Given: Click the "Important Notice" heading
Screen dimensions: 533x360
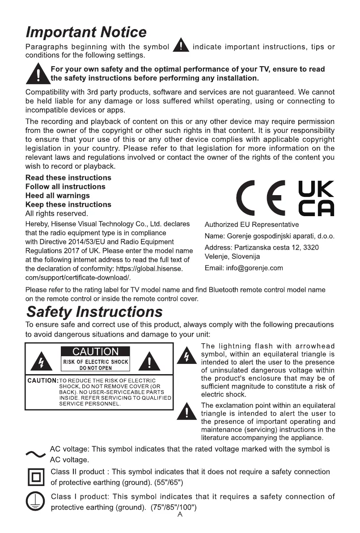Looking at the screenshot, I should (x=86, y=32).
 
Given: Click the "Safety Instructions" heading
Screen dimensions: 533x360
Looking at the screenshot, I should (x=94, y=311).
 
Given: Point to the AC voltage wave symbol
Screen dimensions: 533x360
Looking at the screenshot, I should (x=36, y=454).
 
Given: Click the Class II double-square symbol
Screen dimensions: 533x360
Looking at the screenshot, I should (x=35, y=477).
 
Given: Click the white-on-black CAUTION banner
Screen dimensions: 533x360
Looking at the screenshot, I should (x=95, y=352).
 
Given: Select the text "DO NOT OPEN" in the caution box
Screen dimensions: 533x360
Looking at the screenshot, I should (x=96, y=368).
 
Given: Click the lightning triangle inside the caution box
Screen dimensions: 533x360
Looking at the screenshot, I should (x=42, y=361).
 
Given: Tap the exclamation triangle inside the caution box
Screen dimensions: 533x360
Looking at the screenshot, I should (x=150, y=361).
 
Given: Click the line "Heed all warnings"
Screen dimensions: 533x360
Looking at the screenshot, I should (x=57, y=196).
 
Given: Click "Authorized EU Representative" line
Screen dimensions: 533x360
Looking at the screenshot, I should (x=251, y=224).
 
